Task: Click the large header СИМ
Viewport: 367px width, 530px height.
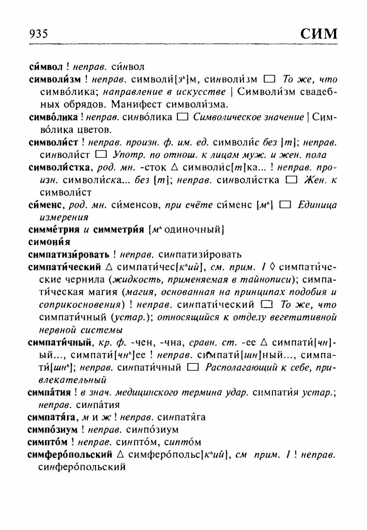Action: [x=319, y=33]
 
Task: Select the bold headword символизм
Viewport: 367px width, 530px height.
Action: [x=55, y=79]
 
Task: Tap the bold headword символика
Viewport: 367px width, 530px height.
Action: [x=53, y=117]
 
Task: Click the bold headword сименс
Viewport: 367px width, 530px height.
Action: [x=46, y=205]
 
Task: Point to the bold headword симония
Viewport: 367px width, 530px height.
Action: [x=49, y=242]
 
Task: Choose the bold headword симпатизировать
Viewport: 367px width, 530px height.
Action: [x=69, y=255]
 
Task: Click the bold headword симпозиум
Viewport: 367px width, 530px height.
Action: [x=52, y=430]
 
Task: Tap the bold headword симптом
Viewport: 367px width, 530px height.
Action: [x=48, y=442]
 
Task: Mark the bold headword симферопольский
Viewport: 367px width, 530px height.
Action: [x=70, y=455]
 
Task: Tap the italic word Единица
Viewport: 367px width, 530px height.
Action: [x=317, y=205]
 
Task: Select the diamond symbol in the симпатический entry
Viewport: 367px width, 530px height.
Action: [x=272, y=267]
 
